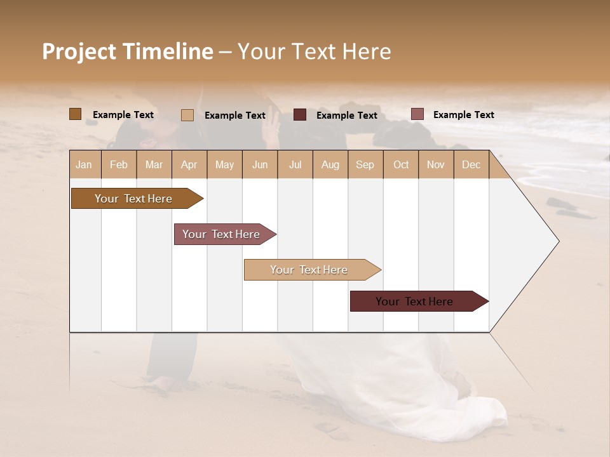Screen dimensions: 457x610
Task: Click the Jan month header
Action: point(85,164)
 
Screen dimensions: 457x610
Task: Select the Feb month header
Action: point(119,164)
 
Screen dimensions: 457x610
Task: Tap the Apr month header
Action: point(189,164)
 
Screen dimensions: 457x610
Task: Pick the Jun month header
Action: point(260,164)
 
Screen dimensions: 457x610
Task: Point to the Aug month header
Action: point(330,164)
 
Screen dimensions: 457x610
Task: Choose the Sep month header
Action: point(365,164)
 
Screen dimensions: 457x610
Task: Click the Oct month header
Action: point(401,164)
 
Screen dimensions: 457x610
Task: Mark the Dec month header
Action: point(471,164)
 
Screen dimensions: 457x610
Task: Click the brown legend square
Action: point(75,114)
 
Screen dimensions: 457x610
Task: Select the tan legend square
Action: point(187,115)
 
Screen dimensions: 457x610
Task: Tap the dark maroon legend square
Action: point(300,115)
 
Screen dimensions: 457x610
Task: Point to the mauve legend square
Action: point(417,114)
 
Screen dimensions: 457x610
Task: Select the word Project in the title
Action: point(79,51)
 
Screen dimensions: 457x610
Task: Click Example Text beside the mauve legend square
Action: point(464,115)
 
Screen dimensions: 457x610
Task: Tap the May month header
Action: point(224,164)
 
